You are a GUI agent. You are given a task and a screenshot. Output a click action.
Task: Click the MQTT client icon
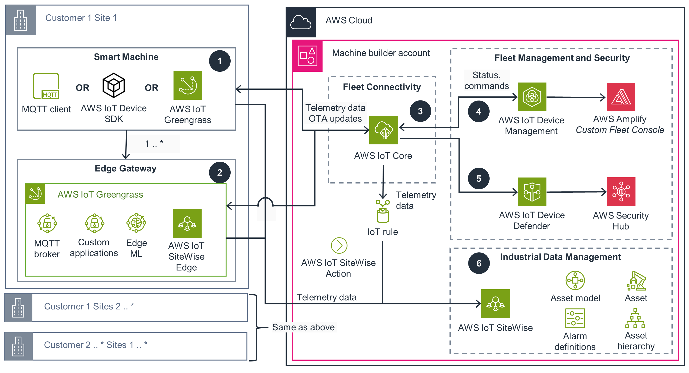46,86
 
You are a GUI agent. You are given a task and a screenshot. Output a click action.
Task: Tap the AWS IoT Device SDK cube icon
114,85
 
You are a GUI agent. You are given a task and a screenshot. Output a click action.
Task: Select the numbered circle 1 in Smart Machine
220,61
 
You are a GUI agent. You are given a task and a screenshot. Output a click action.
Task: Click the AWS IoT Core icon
383,130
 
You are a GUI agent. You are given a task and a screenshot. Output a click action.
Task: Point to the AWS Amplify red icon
621,97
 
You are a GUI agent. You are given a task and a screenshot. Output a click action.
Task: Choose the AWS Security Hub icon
621,191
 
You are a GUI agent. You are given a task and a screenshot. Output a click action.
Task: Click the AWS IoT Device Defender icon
532,192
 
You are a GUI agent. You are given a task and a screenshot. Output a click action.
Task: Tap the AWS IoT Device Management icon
532,97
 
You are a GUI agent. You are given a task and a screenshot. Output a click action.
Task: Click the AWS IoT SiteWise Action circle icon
339,245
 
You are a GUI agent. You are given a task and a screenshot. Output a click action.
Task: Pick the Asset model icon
575,280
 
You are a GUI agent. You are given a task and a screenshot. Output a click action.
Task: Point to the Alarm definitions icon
575,318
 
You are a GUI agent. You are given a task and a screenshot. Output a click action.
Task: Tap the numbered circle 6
479,263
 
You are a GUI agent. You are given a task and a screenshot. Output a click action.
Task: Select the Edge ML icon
136,223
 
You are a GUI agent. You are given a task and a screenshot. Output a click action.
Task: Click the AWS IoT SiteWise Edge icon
187,224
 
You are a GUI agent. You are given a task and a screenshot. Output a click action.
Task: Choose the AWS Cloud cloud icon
301,22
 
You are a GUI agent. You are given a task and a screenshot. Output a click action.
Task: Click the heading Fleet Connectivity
382,87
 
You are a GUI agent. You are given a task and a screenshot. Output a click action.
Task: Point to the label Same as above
303,327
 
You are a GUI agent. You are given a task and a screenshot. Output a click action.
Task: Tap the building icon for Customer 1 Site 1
21,20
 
